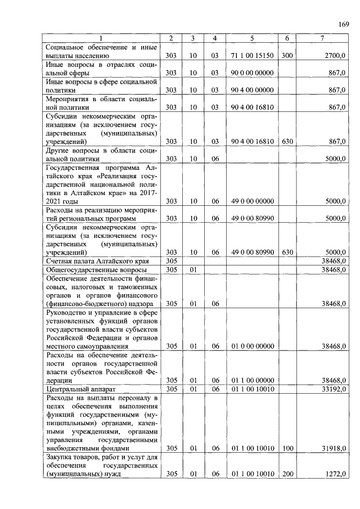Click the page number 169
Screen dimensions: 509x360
[x=344, y=23]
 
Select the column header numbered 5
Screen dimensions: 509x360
[x=251, y=38]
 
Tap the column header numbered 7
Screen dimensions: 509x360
[x=321, y=38]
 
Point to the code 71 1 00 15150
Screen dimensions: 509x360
[x=252, y=56]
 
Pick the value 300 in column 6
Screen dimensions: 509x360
[x=287, y=56]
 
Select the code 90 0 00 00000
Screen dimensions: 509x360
[x=252, y=73]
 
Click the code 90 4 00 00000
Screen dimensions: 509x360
[x=252, y=90]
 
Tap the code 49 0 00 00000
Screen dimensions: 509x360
[x=252, y=201]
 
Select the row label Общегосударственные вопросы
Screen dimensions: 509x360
[x=92, y=270]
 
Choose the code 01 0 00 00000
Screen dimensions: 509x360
[x=252, y=346]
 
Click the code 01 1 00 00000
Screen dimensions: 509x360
[x=252, y=380]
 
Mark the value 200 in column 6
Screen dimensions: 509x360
[x=287, y=474]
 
